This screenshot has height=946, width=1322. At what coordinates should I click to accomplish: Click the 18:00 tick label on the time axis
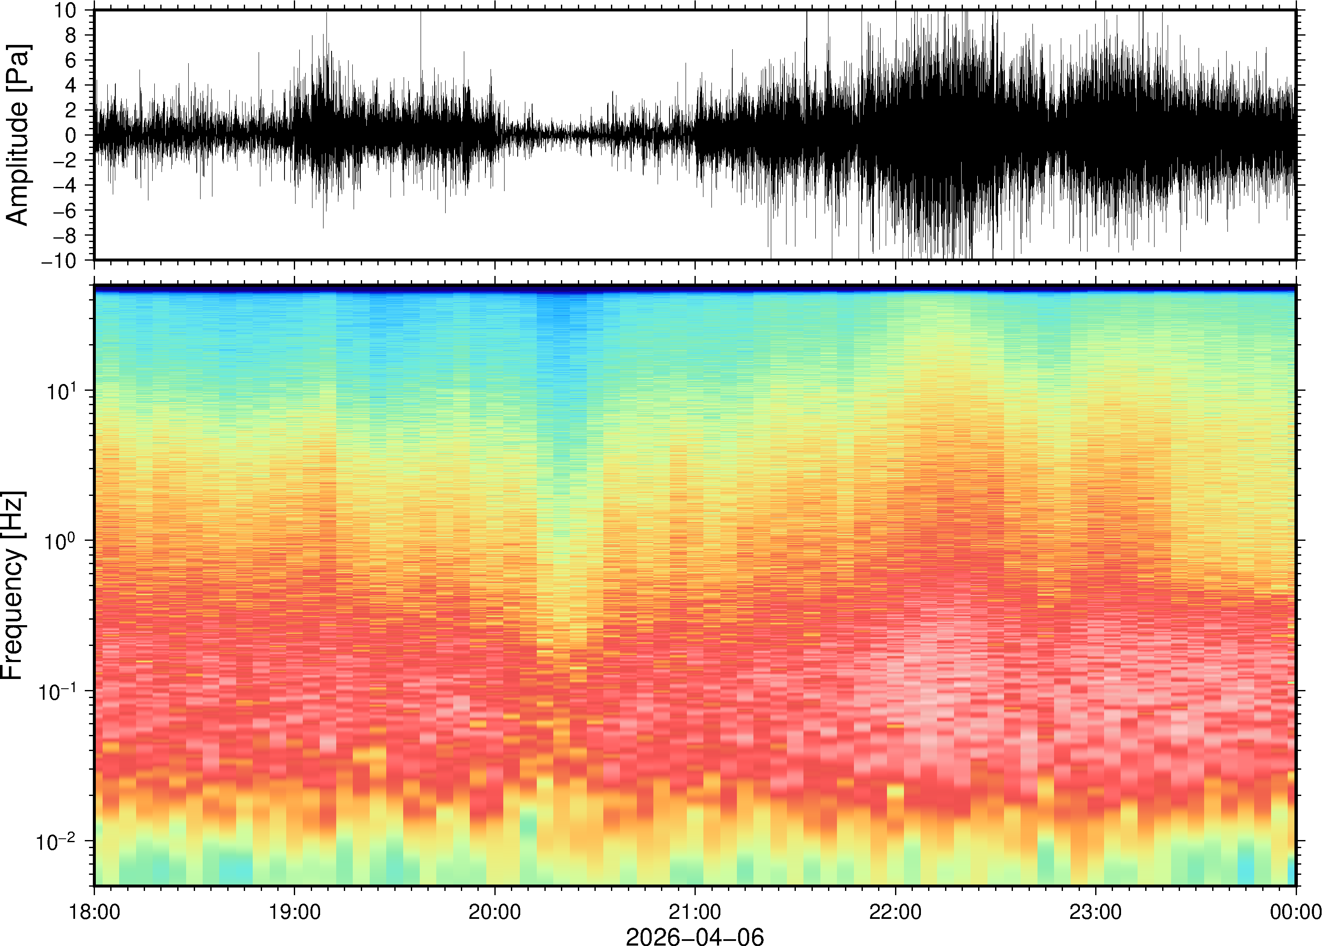95,912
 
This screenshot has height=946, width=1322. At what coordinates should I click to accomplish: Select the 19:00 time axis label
294,912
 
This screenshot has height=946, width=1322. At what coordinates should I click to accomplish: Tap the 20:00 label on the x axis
495,912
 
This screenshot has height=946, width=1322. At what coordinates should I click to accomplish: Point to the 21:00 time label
695,912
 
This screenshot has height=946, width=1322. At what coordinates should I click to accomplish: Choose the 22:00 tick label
895,912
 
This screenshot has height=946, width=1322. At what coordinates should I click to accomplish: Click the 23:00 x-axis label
1095,912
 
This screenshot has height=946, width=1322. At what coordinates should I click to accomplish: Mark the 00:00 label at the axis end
1295,912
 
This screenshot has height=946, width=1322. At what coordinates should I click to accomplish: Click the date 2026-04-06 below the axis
694,936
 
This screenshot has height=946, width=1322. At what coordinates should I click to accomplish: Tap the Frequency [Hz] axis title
13,585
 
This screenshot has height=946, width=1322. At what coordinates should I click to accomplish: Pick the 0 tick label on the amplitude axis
71,136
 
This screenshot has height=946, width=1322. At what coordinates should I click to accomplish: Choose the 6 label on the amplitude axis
71,61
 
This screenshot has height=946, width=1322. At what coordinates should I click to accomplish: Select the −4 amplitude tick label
65,186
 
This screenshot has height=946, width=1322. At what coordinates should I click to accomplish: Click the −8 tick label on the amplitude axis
65,235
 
